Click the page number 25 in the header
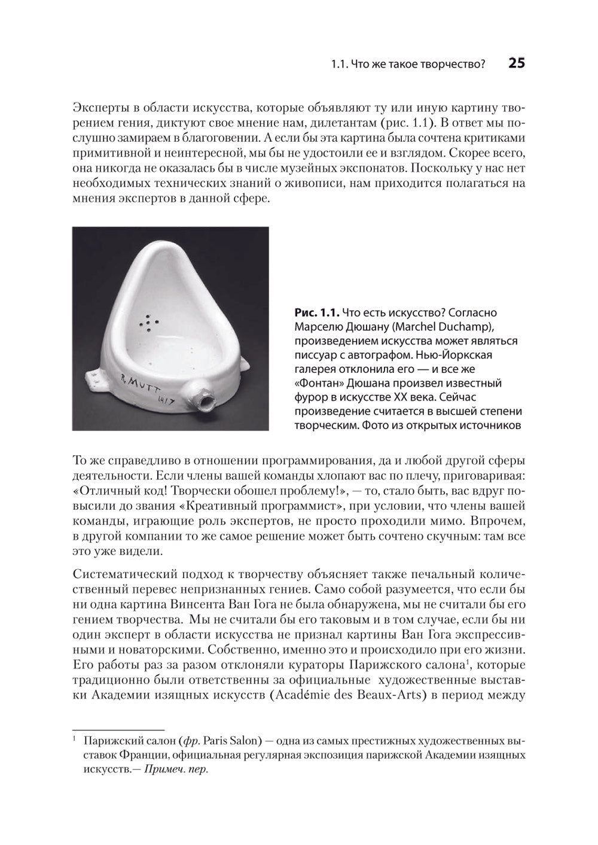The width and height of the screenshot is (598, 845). pyautogui.click(x=516, y=63)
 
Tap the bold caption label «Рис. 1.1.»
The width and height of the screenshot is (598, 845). pyautogui.click(x=317, y=313)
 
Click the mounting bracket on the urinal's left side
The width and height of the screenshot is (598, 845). pyautogui.click(x=95, y=377)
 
